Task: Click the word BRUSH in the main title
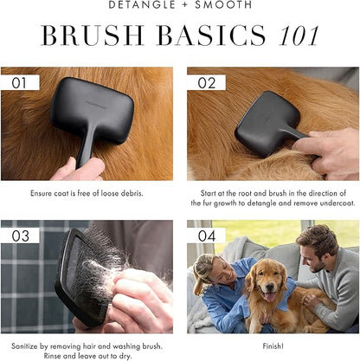click(x=93, y=35)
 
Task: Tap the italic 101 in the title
click(x=298, y=35)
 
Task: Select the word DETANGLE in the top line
click(x=142, y=4)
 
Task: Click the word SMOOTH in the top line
click(x=223, y=4)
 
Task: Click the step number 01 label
click(x=19, y=83)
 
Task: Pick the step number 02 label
click(x=207, y=83)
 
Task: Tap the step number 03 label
click(x=20, y=236)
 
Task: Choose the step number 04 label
click(x=207, y=236)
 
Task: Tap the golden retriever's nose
click(x=269, y=286)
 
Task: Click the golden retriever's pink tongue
click(x=270, y=297)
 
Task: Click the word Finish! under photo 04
click(x=273, y=345)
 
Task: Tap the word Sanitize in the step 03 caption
click(x=24, y=346)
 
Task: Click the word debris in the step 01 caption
click(x=132, y=193)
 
